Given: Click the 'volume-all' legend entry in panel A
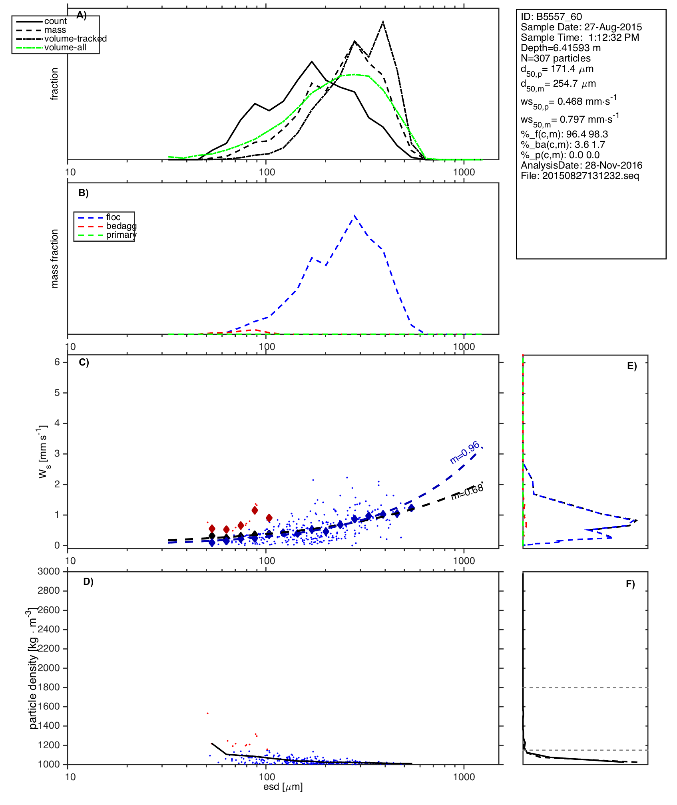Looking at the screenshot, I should point(65,48).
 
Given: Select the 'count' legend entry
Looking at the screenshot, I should point(56,21).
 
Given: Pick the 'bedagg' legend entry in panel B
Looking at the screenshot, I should point(121,226).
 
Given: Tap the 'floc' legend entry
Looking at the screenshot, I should point(113,217).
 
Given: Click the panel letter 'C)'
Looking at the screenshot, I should point(84,362).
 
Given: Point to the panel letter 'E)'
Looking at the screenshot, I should point(632,366).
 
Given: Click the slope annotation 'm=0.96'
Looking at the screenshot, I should point(464,453).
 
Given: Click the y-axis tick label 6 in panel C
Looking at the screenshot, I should point(57,362).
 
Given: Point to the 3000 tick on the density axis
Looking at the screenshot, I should point(49,571).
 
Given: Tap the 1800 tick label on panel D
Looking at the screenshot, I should point(49,687).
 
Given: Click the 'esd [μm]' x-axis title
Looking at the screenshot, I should point(283,787).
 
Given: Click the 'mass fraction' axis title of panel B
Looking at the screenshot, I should point(55,258).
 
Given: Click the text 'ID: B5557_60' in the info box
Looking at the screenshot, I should point(551,17).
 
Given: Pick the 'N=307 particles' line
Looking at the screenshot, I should point(556,58).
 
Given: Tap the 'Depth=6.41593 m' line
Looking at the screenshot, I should point(560,48).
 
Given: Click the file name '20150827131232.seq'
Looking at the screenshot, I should point(590,176).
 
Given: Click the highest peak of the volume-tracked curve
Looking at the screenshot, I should point(383,22).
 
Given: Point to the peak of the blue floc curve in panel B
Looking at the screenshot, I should point(354,216).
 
